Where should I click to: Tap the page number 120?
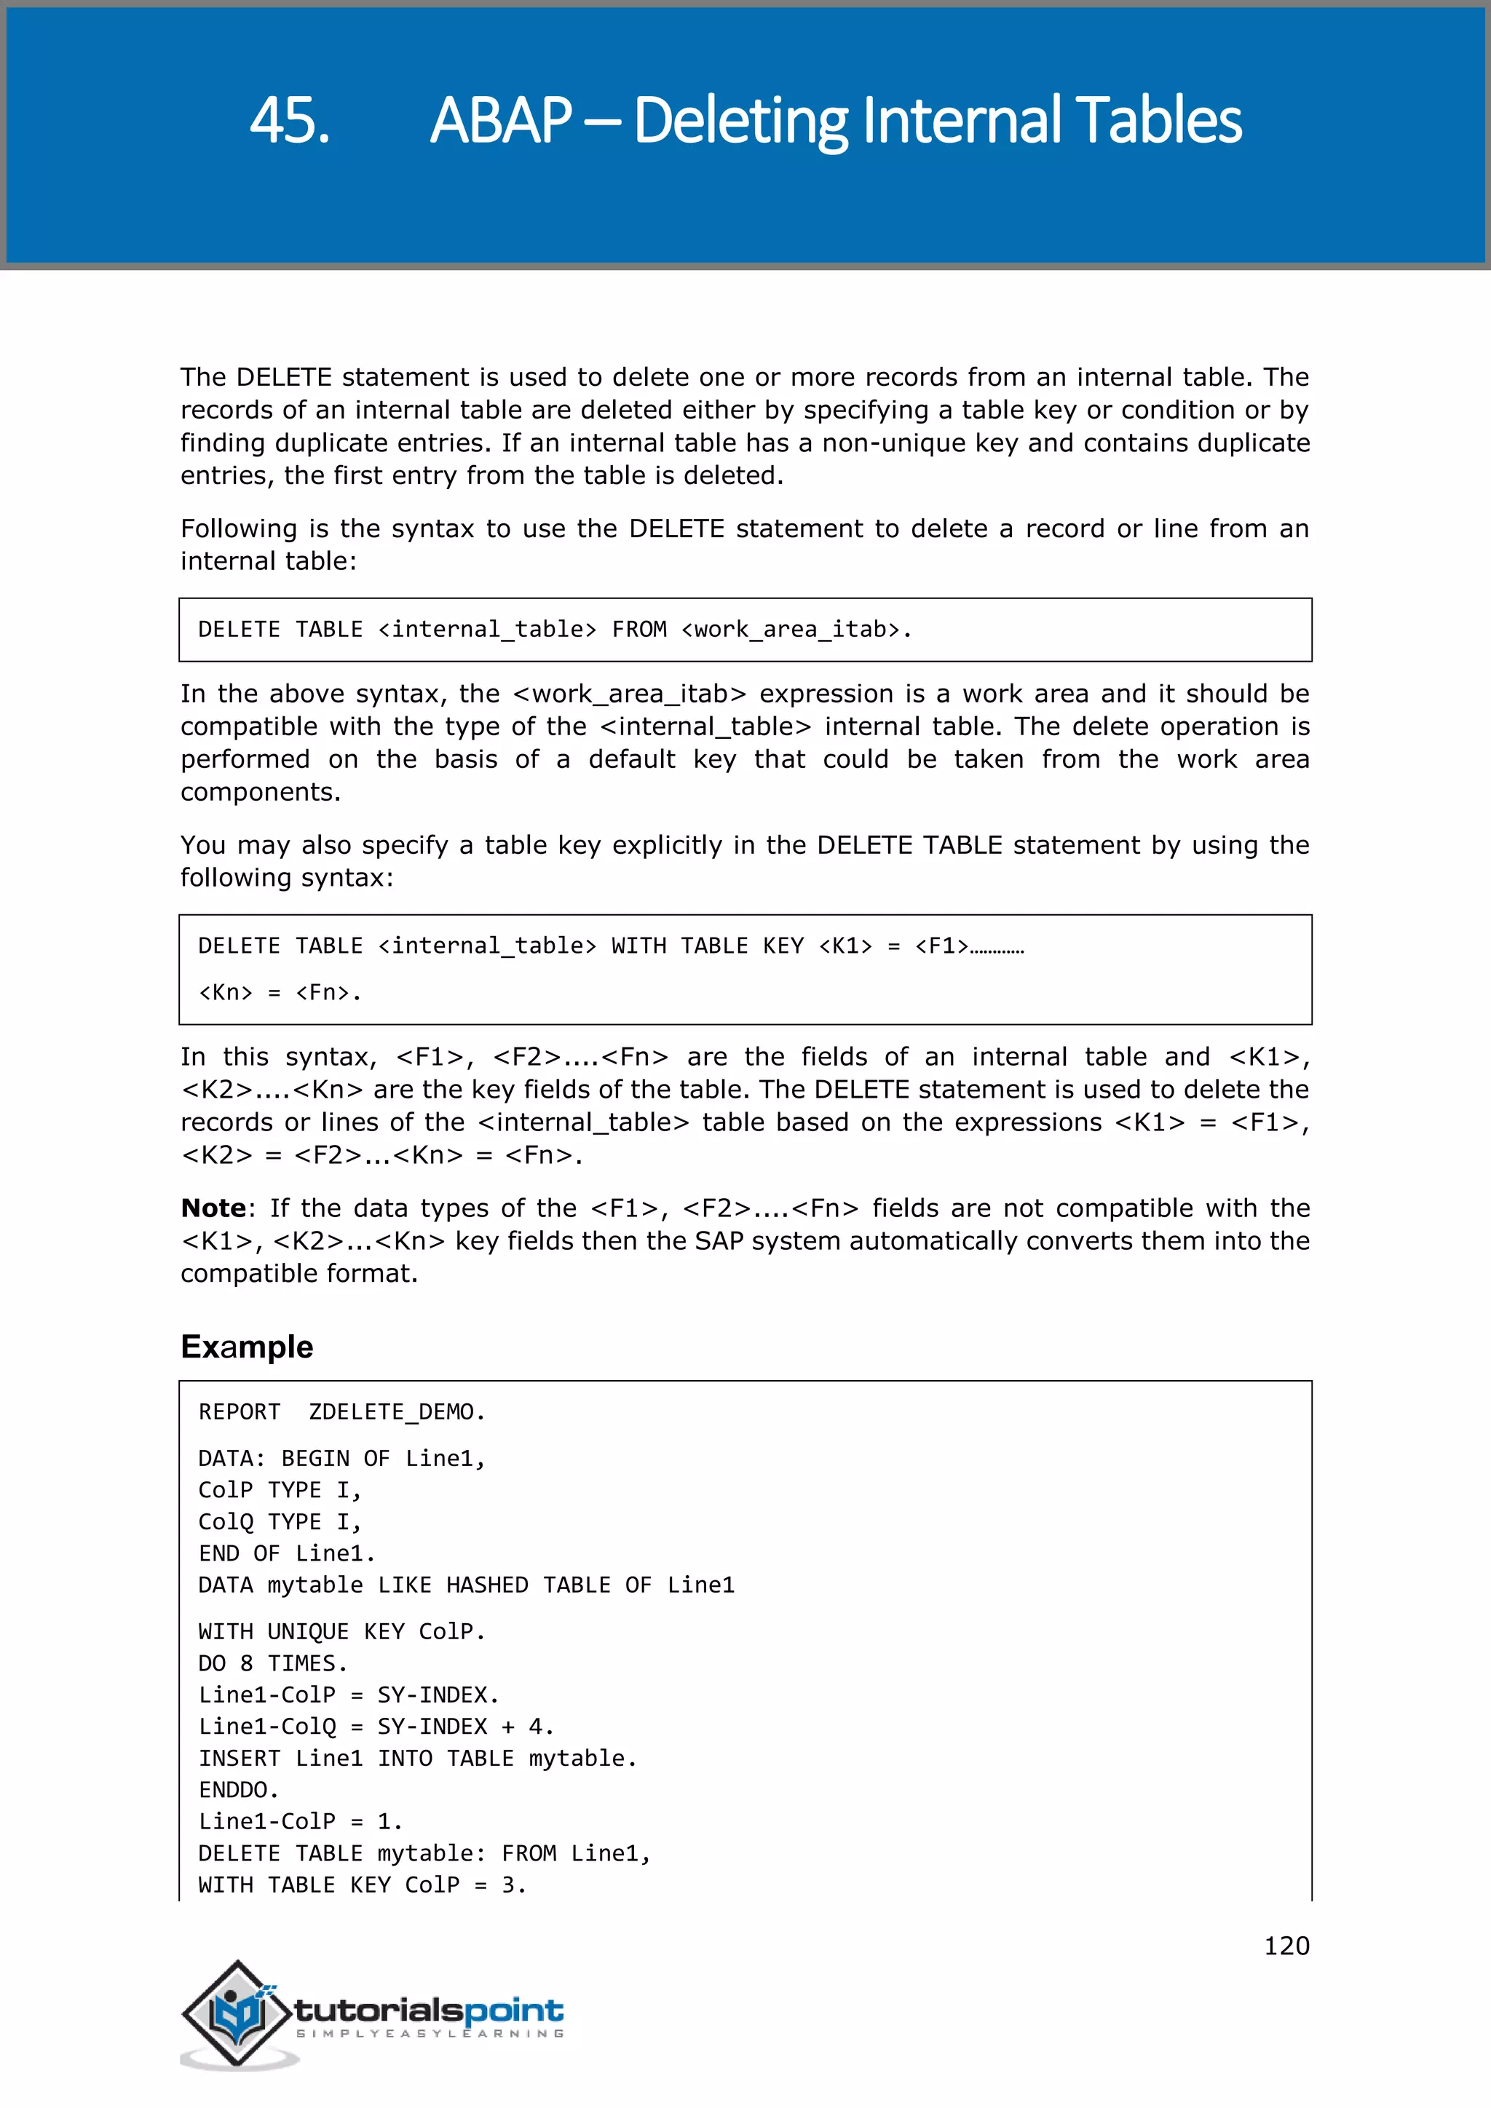click(x=1286, y=1946)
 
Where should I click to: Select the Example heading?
click(x=247, y=1346)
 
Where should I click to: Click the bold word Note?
click(x=213, y=1208)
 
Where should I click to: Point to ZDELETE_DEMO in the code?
click(x=396, y=1411)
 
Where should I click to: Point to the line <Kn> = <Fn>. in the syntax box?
click(x=280, y=992)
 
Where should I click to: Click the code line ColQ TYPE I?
click(x=280, y=1521)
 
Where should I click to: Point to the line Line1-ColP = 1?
click(x=300, y=1820)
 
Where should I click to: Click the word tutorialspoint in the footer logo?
click(x=429, y=2010)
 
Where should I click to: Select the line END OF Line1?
click(x=286, y=1553)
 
